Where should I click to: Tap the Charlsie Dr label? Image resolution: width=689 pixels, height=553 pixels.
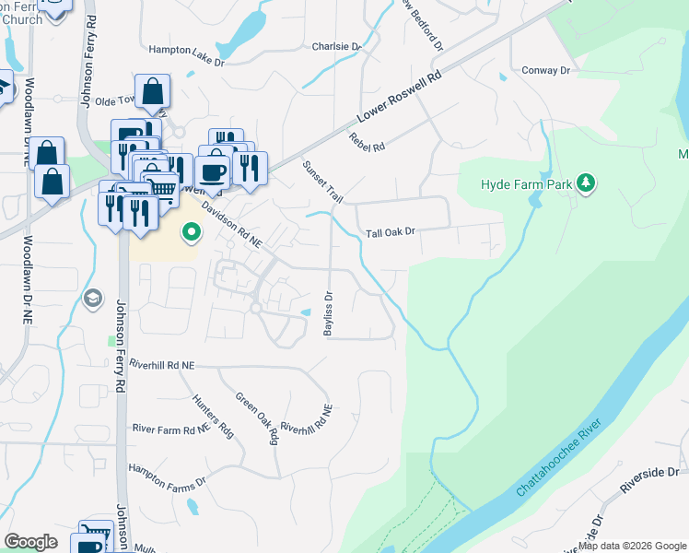[336, 46]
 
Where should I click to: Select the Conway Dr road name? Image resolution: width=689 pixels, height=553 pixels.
[547, 70]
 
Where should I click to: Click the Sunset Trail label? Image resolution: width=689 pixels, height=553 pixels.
[322, 182]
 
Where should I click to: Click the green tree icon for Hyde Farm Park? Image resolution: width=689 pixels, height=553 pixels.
[585, 183]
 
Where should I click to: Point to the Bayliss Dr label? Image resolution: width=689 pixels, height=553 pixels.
[327, 313]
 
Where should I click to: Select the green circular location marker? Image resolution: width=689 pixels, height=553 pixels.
[191, 232]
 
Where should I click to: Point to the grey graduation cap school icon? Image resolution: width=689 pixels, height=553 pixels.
[92, 298]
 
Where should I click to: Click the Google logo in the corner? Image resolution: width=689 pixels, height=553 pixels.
[31, 541]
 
